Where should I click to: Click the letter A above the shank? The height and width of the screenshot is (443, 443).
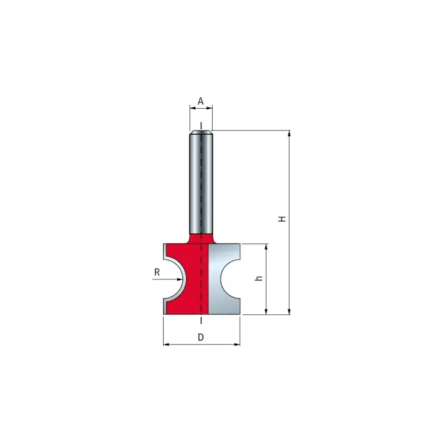coord(201,102)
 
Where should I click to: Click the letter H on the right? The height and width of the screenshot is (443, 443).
coord(282,219)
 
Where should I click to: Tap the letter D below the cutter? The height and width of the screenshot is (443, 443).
coord(201,337)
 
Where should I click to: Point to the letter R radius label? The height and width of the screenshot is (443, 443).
coord(157,272)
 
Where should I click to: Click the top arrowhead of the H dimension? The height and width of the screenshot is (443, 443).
coord(289,133)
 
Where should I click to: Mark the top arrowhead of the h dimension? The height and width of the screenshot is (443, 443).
coord(267,247)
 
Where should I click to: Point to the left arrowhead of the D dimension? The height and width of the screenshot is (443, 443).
coord(165,344)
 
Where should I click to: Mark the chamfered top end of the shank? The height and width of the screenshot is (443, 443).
coord(201,133)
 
